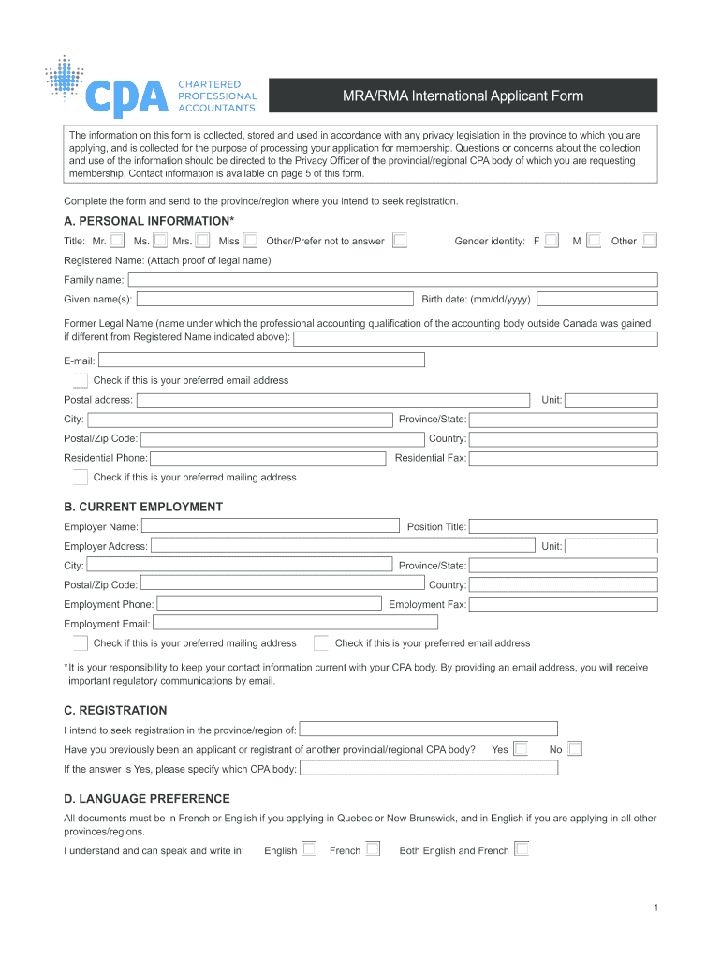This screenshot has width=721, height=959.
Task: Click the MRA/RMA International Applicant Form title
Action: [463, 96]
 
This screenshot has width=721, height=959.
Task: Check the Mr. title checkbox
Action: [117, 241]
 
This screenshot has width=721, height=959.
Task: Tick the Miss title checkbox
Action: [250, 241]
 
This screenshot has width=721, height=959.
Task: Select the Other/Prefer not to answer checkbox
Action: [400, 241]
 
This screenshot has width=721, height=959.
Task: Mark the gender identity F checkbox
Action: [552, 241]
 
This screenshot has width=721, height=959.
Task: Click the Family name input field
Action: [392, 279]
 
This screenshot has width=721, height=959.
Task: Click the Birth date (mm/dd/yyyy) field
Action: [596, 299]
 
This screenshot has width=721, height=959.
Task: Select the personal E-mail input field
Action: [261, 360]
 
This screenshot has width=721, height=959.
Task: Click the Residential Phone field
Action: [267, 458]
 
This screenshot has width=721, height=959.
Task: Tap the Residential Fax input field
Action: [563, 458]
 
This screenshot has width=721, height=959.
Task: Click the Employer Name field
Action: [270, 526]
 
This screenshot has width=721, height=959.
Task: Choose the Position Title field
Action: [563, 526]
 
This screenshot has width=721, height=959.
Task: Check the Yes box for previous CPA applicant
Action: [521, 748]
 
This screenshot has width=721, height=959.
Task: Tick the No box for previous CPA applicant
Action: [575, 748]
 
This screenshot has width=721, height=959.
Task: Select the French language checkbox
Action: [373, 849]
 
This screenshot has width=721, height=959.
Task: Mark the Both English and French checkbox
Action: [522, 849]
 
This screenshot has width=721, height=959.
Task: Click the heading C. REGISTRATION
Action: [115, 710]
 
